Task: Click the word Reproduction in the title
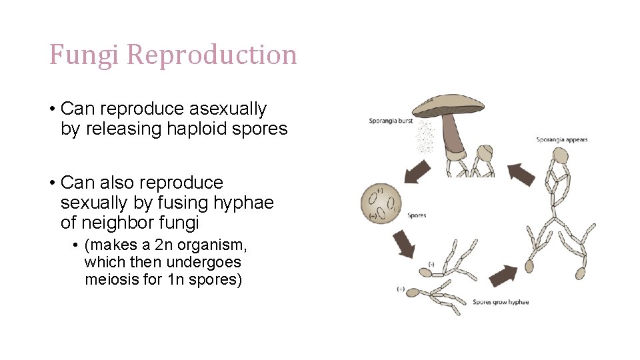(x=211, y=55)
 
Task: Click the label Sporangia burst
(x=391, y=121)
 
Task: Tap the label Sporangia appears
(x=562, y=140)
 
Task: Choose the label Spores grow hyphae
(x=501, y=302)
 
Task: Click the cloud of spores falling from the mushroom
(x=424, y=136)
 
